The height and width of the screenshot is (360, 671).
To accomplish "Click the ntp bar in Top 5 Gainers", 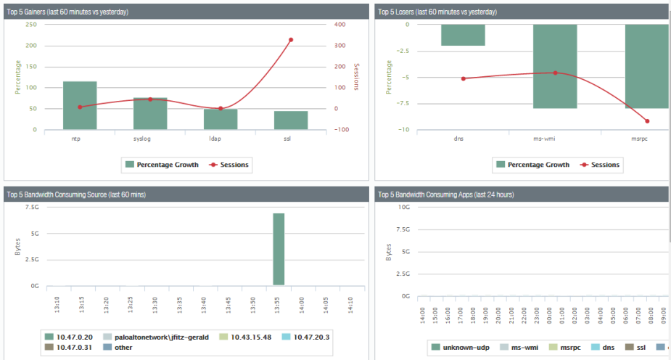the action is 80,105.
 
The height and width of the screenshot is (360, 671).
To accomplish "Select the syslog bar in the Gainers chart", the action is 150,113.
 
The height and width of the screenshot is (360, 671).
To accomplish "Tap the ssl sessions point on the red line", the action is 291,40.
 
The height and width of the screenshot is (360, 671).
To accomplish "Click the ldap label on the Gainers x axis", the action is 215,139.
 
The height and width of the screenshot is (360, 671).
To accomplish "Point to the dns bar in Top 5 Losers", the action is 463,35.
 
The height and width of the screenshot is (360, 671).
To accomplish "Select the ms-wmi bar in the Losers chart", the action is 555,66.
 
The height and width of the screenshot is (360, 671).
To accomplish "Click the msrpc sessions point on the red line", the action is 647,121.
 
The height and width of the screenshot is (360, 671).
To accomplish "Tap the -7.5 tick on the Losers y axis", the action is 403,104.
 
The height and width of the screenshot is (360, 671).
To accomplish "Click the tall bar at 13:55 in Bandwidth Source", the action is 279,249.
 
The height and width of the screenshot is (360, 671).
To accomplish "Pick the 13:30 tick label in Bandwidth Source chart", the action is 155,306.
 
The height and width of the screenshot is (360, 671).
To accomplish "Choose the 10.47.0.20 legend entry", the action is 68,337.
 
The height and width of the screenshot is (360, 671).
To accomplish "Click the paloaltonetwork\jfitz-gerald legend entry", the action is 156,337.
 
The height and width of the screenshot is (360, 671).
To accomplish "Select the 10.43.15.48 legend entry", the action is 245,337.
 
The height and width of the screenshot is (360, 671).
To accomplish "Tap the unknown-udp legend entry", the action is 460,348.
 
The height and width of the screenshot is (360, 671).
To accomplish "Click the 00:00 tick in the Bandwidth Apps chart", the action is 549,315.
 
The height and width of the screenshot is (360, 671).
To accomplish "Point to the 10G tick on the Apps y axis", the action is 404,207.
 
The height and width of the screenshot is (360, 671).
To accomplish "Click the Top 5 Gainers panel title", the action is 67,12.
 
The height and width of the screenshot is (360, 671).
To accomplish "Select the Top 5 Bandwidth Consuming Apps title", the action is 446,195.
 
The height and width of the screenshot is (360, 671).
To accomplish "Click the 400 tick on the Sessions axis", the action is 339,25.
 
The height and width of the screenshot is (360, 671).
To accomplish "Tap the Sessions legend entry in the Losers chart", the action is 600,165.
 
